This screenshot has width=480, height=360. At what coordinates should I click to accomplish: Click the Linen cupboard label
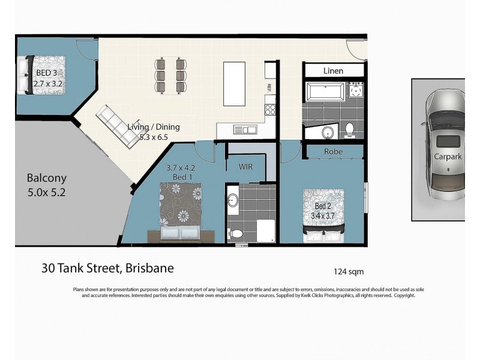[x=333, y=71]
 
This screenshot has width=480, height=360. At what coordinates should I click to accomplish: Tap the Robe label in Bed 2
[x=333, y=152]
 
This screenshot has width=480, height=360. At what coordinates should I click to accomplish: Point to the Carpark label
[x=448, y=157]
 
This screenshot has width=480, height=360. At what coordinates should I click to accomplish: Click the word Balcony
[x=46, y=178]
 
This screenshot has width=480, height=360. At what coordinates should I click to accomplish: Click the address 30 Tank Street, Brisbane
[x=107, y=268]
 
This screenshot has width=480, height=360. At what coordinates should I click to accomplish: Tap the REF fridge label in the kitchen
[x=269, y=87]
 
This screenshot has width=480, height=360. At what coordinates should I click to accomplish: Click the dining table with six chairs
[x=170, y=75]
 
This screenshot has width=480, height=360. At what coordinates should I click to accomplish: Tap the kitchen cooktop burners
[x=270, y=109]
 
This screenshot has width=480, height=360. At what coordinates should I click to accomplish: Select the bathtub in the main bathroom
[x=325, y=92]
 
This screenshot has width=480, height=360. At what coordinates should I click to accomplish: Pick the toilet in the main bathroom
[x=349, y=128]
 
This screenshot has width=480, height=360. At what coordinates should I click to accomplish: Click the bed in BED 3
[x=40, y=75]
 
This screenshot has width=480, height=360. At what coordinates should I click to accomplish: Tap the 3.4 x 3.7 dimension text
[x=324, y=215]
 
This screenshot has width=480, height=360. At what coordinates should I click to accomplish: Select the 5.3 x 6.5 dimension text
[x=153, y=136]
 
